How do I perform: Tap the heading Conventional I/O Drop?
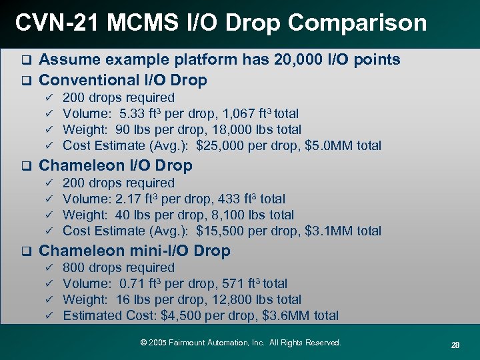point(123,81)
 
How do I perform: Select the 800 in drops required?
point(73,267)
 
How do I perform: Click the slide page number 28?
point(455,345)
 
